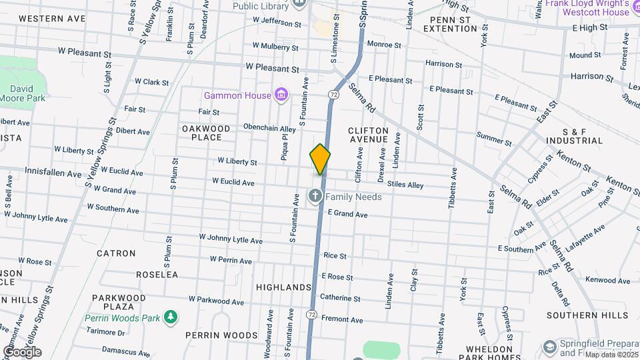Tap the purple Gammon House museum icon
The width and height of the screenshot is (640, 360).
pos(281,95)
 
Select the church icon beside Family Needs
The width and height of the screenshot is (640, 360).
pos(315,196)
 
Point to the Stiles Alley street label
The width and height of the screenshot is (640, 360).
pos(405,185)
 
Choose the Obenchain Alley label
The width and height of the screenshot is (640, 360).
pos(269,128)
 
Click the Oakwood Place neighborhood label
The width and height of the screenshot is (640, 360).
pos(206,133)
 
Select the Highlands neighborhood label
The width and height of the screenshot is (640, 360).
pos(283,287)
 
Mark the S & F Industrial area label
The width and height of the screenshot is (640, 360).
pos(573,136)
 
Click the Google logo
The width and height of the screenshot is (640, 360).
pos(22,352)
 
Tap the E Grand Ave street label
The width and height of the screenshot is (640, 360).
pos(347,215)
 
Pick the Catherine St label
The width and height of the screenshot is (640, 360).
pos(340,298)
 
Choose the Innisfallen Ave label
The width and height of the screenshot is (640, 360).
pos(51,171)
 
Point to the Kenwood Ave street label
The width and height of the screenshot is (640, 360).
pos(607,281)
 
